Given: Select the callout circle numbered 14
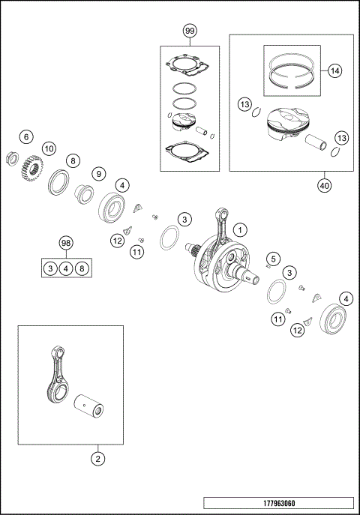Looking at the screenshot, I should [334, 70].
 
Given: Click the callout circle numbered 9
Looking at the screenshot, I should [97, 173].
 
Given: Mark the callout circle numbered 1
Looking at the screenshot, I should [240, 229].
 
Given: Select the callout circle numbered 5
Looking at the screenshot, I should [274, 259].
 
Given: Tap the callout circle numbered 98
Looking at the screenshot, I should [66, 244].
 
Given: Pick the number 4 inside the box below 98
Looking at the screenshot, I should [66, 268].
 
